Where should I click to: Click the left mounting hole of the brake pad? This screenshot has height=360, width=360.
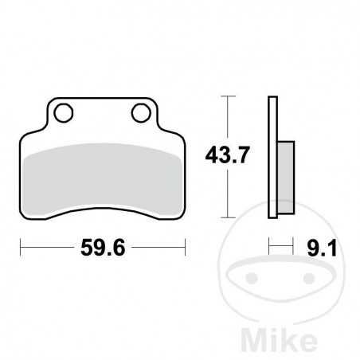tap(64, 112)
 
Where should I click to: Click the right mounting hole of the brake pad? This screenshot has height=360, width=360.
tap(141, 112)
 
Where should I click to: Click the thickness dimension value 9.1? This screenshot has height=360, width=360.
tap(322, 249)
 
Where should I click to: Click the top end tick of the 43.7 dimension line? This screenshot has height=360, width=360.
tap(229, 96)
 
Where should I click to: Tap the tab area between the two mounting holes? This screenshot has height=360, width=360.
tap(102, 112)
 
